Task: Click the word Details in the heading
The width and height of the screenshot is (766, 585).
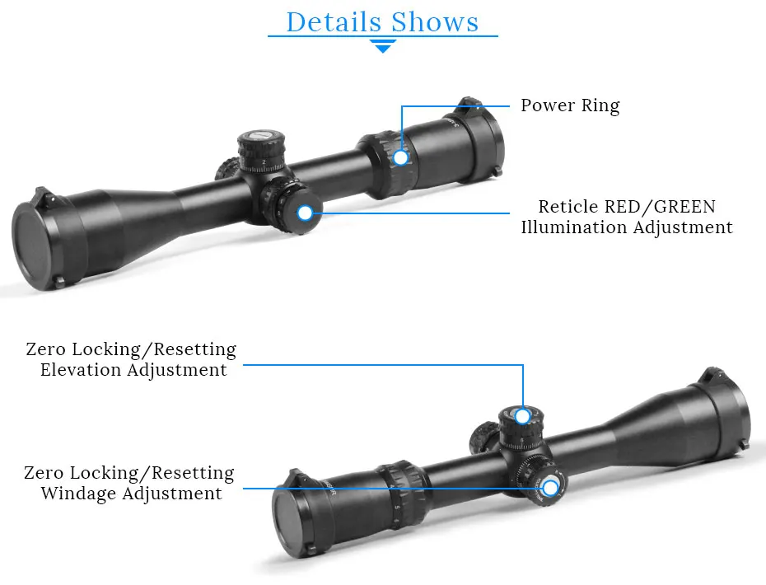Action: [334, 22]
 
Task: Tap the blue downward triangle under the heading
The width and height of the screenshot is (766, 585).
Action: [383, 47]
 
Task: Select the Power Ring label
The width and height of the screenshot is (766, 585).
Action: [570, 105]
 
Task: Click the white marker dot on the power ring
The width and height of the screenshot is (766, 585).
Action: [401, 157]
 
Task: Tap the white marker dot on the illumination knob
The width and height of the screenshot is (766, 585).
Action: [305, 213]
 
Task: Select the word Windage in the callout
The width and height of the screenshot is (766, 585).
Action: [79, 494]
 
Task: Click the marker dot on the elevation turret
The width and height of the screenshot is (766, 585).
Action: [522, 416]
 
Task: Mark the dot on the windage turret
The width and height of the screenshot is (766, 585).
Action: [550, 488]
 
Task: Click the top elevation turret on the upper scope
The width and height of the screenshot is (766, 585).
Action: [260, 148]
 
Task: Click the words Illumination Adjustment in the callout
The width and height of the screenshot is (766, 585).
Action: [627, 227]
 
